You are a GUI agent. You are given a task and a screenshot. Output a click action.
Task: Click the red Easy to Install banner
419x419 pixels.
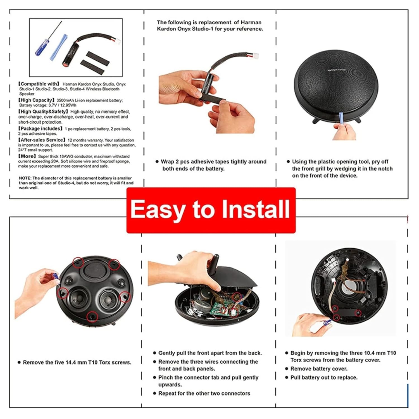point(211,210)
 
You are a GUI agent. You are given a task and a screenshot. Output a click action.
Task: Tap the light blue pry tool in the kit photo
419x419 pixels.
point(59,47)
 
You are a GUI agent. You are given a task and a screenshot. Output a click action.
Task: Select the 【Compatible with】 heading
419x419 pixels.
point(39,84)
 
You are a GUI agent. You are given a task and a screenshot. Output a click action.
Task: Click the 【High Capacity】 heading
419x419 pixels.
point(36,100)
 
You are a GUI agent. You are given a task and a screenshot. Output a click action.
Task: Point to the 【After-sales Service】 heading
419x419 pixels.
point(42,140)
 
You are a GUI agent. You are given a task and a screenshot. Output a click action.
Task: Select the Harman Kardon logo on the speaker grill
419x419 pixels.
point(337,69)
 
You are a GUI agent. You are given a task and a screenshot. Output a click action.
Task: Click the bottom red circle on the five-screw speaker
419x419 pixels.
point(92,316)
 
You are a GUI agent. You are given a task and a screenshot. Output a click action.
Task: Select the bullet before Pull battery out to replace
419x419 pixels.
point(287,377)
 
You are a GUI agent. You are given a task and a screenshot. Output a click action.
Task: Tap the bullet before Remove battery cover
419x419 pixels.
point(287,369)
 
